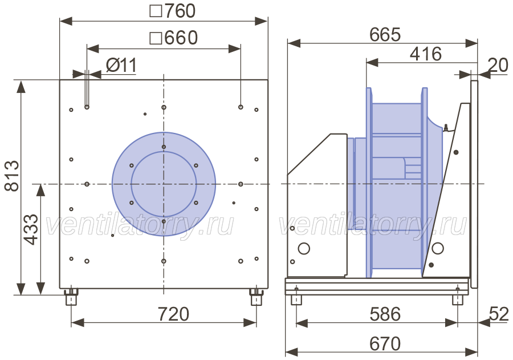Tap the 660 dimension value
click(174, 38)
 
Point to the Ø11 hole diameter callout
click(121, 65)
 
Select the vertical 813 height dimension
click(12, 176)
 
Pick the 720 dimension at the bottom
click(173, 314)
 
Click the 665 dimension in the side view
click(385, 34)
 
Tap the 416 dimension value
click(426, 54)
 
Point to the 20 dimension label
click(498, 65)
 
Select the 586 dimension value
click(385, 314)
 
